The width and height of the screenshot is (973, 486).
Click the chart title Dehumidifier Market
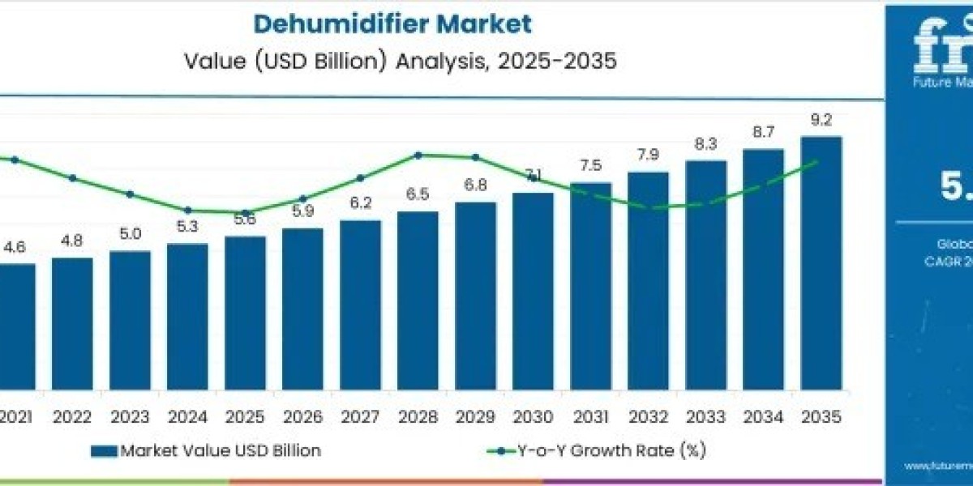point(392,23)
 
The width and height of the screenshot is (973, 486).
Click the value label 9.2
point(821,121)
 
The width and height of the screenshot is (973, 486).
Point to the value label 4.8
point(72,241)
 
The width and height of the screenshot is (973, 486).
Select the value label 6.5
point(418,194)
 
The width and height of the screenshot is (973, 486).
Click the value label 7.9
point(648,155)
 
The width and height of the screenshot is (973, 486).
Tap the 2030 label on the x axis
point(533,416)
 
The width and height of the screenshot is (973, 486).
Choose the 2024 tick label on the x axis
point(187,416)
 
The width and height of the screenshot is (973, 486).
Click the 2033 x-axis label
point(705,416)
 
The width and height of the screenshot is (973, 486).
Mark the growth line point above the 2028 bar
point(418,155)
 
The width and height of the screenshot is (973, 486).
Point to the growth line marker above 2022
point(72,177)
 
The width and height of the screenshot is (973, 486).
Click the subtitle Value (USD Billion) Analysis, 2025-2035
point(392,61)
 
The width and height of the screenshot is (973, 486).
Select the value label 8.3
point(705,144)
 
